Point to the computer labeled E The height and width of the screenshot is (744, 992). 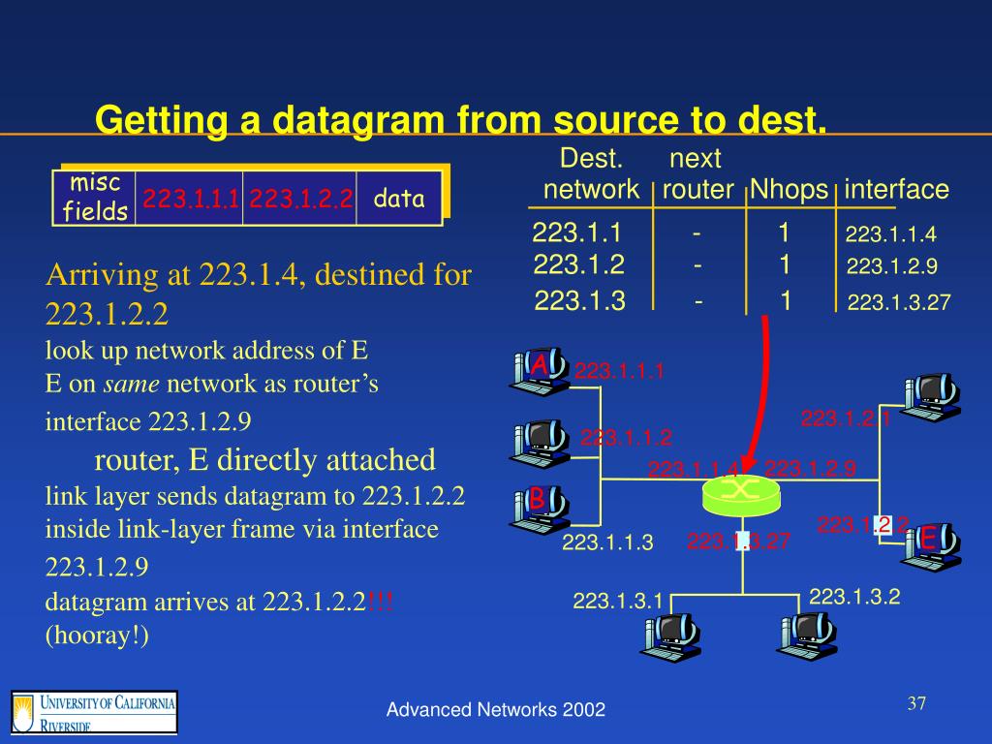[931, 542]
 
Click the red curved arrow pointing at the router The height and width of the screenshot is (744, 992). [761, 387]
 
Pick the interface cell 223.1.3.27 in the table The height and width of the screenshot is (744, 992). [898, 304]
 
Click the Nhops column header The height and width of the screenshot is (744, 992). [790, 190]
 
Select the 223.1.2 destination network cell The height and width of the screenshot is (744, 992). [578, 264]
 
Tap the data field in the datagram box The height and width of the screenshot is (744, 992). [399, 200]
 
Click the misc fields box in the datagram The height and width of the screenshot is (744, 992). [95, 199]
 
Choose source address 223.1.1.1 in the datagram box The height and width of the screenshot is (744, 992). [191, 200]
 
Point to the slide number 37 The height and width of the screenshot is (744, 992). [916, 703]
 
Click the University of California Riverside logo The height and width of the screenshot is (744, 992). [94, 712]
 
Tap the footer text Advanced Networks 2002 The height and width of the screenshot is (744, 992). [496, 710]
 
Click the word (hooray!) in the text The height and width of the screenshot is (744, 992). [97, 635]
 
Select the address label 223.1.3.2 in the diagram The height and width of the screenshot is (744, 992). [854, 597]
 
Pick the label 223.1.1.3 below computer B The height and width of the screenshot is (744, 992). [607, 542]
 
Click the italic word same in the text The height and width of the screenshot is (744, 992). [131, 385]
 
